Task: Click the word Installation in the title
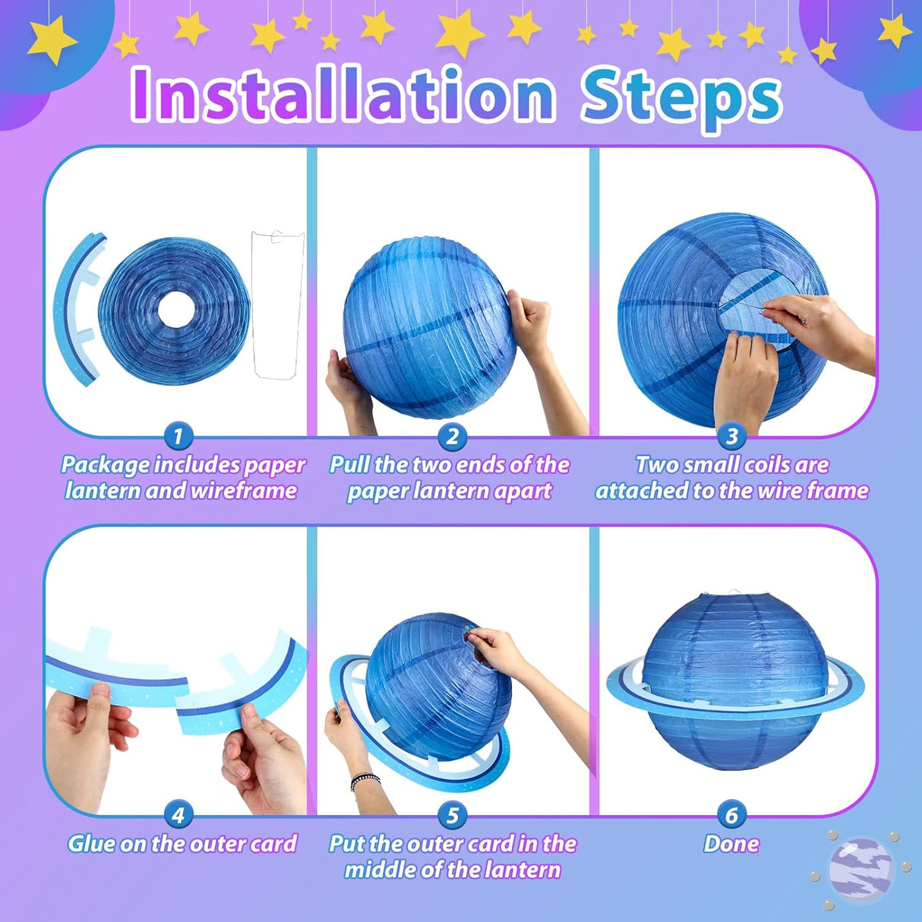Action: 343,96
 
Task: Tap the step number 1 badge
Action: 178,437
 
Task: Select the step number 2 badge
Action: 453,437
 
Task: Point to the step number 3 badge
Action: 731,437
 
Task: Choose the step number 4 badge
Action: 178,816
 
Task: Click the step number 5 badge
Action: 453,816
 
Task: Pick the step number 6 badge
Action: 731,816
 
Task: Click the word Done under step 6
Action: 731,844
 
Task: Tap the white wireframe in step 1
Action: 277,304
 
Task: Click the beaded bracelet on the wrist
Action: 365,781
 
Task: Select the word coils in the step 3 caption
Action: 764,465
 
